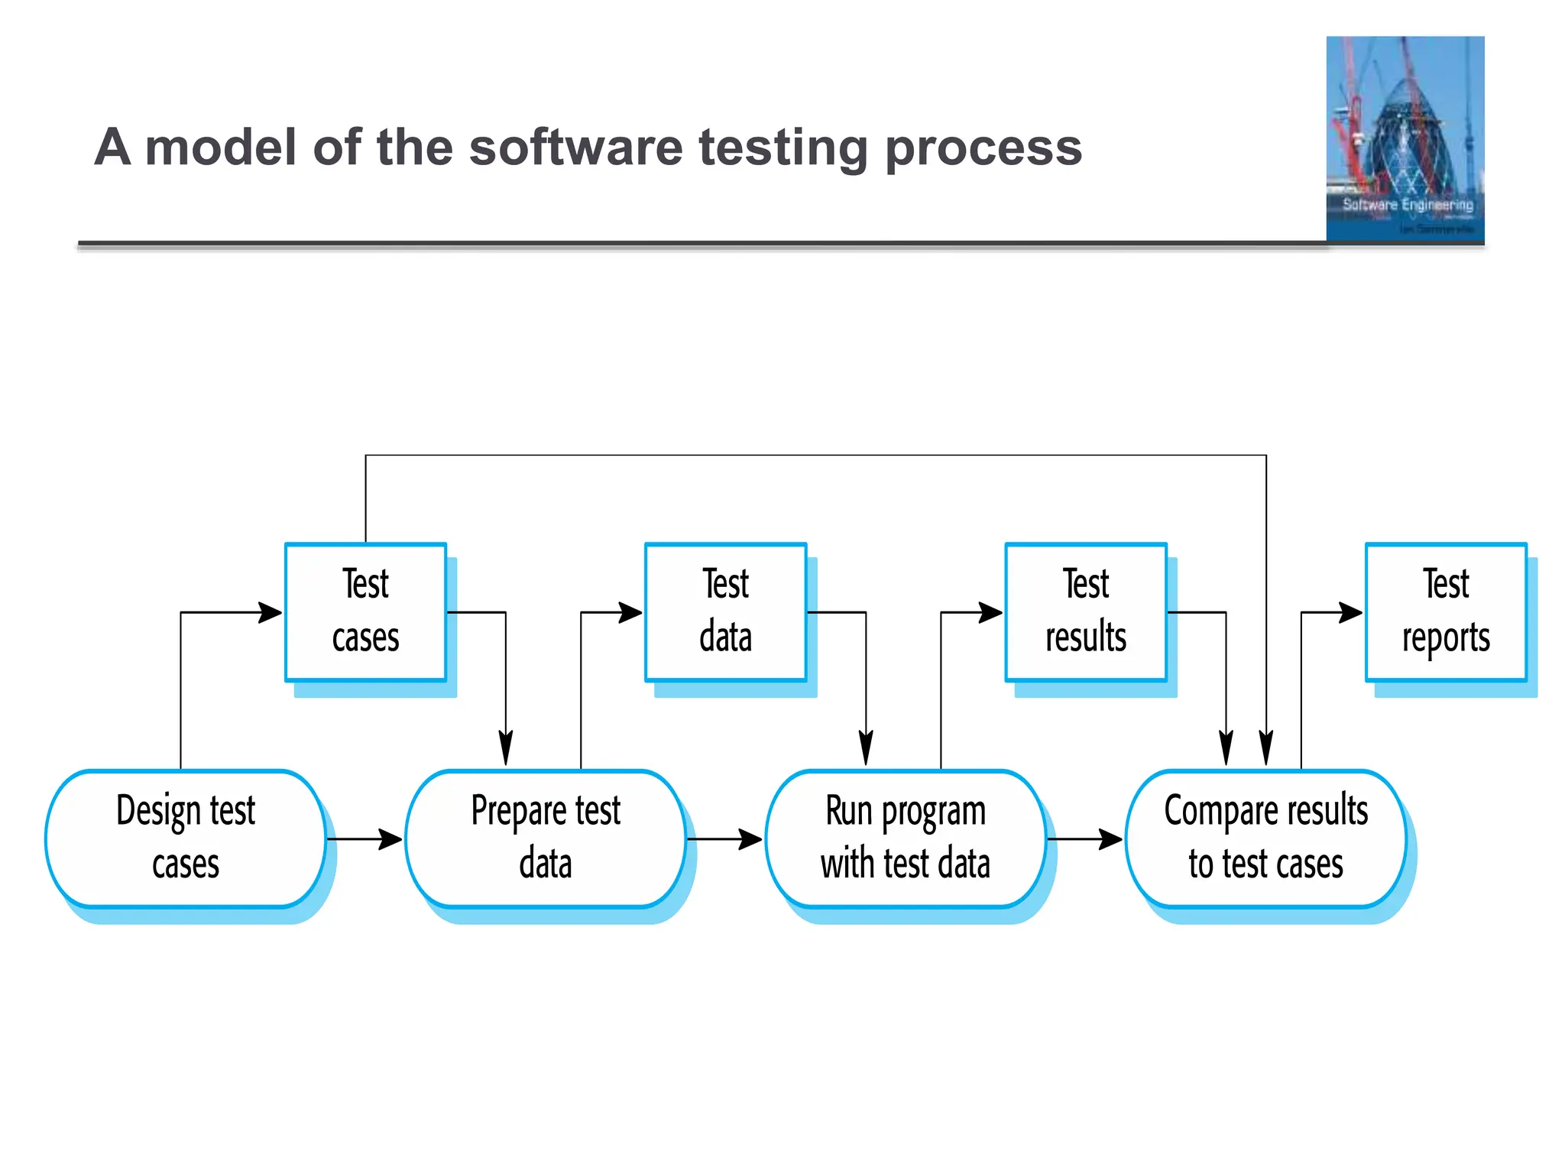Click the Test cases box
click(x=365, y=611)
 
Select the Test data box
click(x=725, y=611)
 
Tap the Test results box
click(x=1085, y=611)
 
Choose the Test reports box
click(x=1445, y=611)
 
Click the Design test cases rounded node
click(x=186, y=838)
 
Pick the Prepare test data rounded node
click(x=546, y=838)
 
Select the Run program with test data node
click(x=906, y=838)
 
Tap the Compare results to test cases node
click(x=1265, y=838)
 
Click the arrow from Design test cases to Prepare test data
click(x=365, y=839)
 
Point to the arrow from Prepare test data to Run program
click(x=725, y=839)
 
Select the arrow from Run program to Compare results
click(x=1085, y=839)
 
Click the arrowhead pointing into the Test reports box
click(x=1351, y=612)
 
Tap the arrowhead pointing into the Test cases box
click(x=271, y=612)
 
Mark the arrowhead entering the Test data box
click(x=630, y=612)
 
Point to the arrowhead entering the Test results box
click(x=991, y=612)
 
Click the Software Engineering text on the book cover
click(x=1408, y=205)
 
